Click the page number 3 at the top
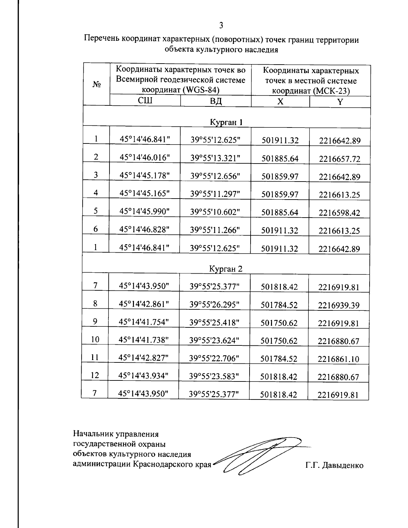click(221, 25)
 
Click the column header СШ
click(145, 101)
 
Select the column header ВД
click(216, 101)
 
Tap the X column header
click(280, 102)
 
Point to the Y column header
click(340, 102)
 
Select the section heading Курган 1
click(226, 122)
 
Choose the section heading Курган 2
click(226, 269)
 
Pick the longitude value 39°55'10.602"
click(215, 211)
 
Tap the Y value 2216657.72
click(340, 159)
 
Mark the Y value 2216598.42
click(339, 213)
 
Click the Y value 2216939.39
click(339, 305)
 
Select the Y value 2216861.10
click(338, 359)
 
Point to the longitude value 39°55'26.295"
click(215, 305)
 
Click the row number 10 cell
click(95, 339)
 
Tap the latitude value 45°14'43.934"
click(143, 375)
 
